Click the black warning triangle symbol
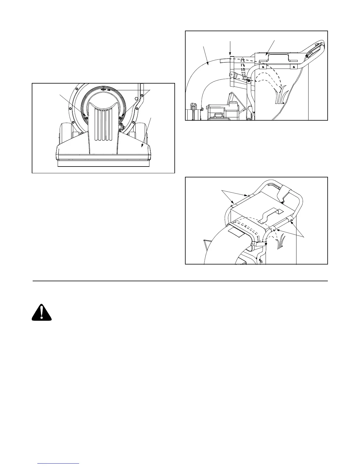[x=42, y=312]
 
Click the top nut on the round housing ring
[x=103, y=89]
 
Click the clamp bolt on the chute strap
[x=266, y=244]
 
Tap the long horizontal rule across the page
[x=180, y=281]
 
